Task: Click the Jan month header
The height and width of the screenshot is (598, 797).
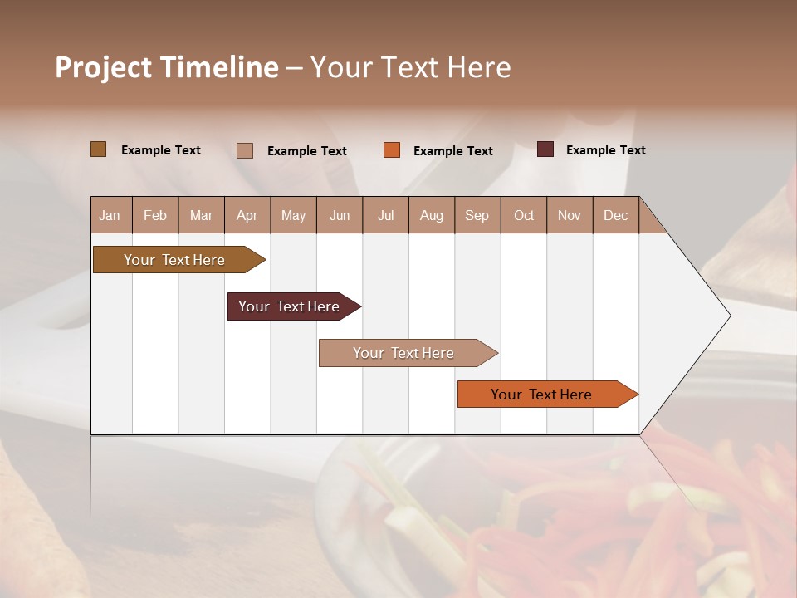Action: pyautogui.click(x=110, y=215)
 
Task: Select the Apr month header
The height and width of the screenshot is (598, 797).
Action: pyautogui.click(x=247, y=215)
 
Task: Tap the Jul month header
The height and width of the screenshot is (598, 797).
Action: pyautogui.click(x=385, y=215)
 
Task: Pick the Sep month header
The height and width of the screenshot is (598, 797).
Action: pyautogui.click(x=477, y=215)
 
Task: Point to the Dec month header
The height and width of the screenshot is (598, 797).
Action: pyautogui.click(x=615, y=215)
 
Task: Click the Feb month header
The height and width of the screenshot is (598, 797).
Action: pyautogui.click(x=155, y=215)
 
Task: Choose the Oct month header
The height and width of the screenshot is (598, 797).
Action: pyautogui.click(x=524, y=215)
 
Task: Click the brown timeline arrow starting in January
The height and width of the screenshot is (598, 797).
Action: pyautogui.click(x=174, y=260)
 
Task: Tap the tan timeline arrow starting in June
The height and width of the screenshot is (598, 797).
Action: pyautogui.click(x=404, y=353)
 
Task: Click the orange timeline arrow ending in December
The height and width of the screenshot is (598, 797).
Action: pyautogui.click(x=542, y=395)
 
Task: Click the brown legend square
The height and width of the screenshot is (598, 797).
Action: pyautogui.click(x=98, y=149)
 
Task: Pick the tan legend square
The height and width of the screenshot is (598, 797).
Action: pyautogui.click(x=244, y=150)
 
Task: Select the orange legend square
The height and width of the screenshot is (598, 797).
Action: pyautogui.click(x=392, y=149)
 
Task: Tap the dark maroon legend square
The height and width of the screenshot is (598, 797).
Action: pyautogui.click(x=545, y=149)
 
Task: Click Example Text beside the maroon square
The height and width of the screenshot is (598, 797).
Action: pyautogui.click(x=605, y=150)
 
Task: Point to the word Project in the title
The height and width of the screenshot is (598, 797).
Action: pyautogui.click(x=103, y=67)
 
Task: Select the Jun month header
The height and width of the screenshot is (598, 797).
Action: pyautogui.click(x=340, y=215)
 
